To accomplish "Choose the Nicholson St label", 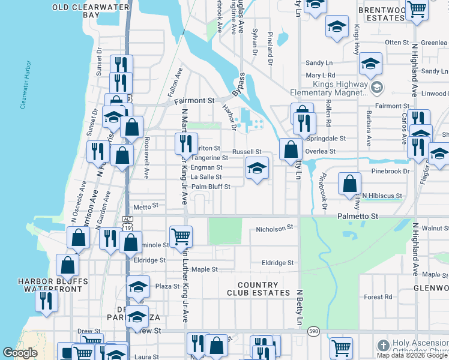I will point(274,228).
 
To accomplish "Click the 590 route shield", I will point(313,331).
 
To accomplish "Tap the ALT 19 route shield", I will point(127,224).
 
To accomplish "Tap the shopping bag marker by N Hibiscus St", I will point(349,184).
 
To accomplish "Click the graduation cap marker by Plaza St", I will point(138,287).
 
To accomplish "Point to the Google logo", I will point(20,353).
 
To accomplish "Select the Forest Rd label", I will point(378,296).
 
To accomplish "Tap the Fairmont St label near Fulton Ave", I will point(194,101).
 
